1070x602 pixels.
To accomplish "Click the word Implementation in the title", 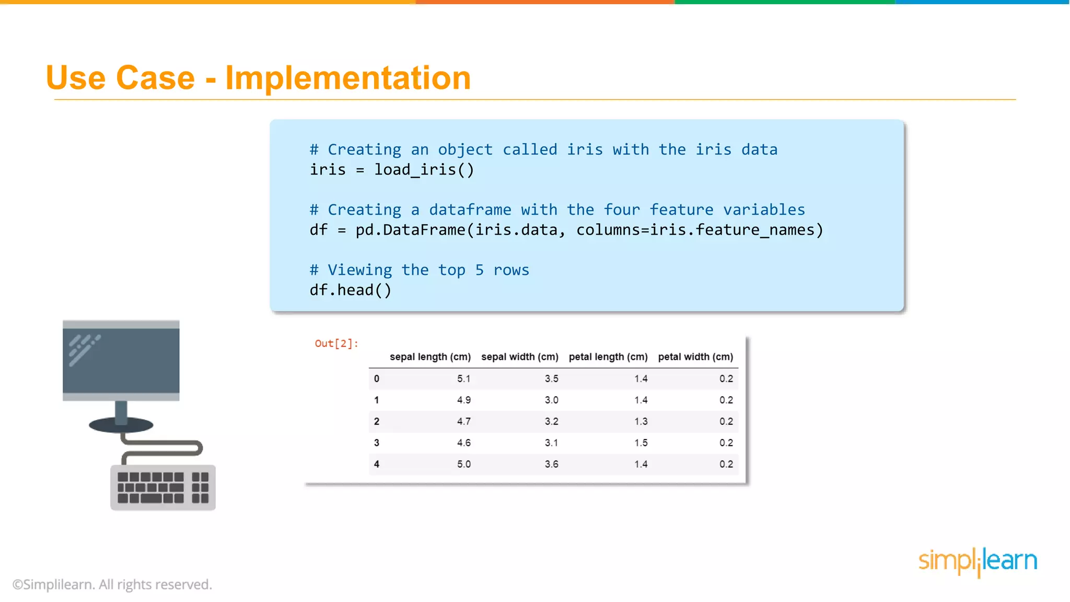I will (348, 78).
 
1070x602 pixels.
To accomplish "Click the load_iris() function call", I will (424, 170).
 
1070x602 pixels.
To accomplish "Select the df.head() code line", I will (350, 290).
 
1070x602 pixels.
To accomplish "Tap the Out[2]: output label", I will (336, 343).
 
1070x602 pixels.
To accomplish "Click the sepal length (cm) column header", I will (430, 357).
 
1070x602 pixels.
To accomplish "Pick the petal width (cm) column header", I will (695, 357).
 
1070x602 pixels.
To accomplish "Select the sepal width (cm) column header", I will (520, 357).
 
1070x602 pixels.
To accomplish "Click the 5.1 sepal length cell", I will (464, 379).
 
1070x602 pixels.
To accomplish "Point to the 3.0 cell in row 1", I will (552, 400).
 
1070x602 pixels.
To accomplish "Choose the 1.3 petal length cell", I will (641, 422).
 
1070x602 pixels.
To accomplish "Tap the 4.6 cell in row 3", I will (464, 443).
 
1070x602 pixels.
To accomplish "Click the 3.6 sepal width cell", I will (552, 465).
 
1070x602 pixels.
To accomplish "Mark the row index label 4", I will (377, 465).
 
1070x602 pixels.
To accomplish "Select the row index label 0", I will (377, 379).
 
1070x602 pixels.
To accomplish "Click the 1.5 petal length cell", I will (641, 443).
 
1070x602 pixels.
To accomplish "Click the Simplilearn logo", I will (978, 561).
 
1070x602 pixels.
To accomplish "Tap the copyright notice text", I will (112, 585).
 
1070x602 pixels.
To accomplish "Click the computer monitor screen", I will (121, 361).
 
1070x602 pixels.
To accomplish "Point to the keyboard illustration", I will (163, 487).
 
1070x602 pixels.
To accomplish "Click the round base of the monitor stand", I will (121, 425).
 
